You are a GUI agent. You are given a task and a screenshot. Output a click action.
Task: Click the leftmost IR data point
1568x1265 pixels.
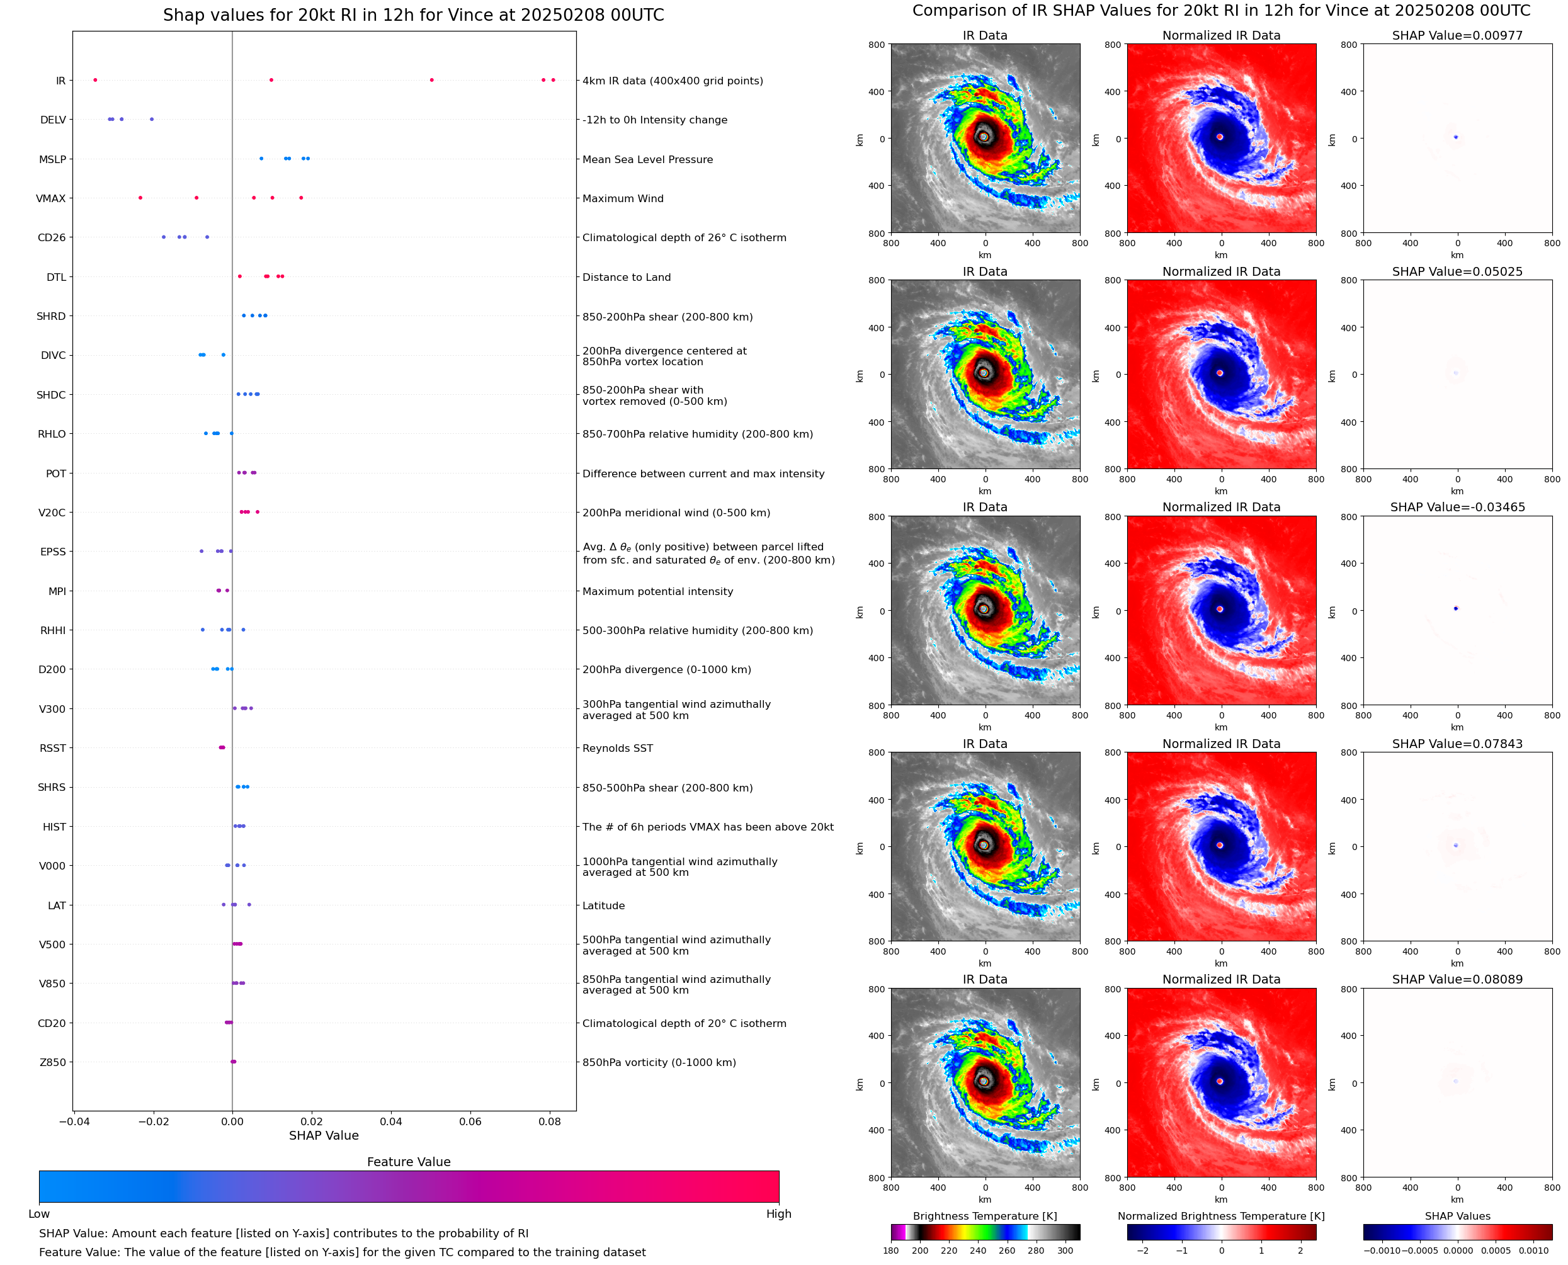94,80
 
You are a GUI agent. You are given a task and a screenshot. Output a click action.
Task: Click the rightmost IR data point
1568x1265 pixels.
553,80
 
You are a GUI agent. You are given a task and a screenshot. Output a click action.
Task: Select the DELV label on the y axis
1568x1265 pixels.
52,120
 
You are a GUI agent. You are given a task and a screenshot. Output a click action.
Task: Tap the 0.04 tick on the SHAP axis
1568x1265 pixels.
390,1121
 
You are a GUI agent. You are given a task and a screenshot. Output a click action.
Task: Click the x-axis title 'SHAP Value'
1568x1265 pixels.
324,1135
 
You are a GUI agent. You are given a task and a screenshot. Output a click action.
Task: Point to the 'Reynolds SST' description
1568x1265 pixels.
617,749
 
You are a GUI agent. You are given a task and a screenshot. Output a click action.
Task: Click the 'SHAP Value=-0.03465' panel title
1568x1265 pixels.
1457,507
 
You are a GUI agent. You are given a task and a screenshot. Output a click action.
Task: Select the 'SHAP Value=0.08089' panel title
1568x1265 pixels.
1457,979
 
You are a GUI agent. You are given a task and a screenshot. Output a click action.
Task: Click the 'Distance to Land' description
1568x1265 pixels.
626,277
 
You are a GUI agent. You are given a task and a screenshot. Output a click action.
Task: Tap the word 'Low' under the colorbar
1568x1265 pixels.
38,1214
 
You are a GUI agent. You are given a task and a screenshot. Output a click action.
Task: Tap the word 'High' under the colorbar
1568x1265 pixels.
778,1214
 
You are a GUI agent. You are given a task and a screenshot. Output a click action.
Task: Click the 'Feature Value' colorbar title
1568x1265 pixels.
408,1162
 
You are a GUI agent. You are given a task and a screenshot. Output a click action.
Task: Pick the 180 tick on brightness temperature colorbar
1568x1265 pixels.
890,1251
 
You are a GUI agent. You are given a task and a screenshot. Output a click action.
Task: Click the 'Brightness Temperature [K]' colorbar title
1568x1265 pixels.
984,1216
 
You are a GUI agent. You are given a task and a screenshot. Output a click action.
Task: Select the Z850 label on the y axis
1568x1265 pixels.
52,1062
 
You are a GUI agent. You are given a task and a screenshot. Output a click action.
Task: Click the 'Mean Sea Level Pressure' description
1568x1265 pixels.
647,159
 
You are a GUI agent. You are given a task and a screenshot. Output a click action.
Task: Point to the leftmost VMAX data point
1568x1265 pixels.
140,198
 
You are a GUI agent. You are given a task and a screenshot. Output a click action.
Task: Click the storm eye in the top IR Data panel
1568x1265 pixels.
984,136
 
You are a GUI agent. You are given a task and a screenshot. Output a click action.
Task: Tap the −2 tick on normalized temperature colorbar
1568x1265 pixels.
1142,1251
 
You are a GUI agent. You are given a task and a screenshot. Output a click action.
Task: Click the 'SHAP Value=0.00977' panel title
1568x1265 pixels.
1457,35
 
